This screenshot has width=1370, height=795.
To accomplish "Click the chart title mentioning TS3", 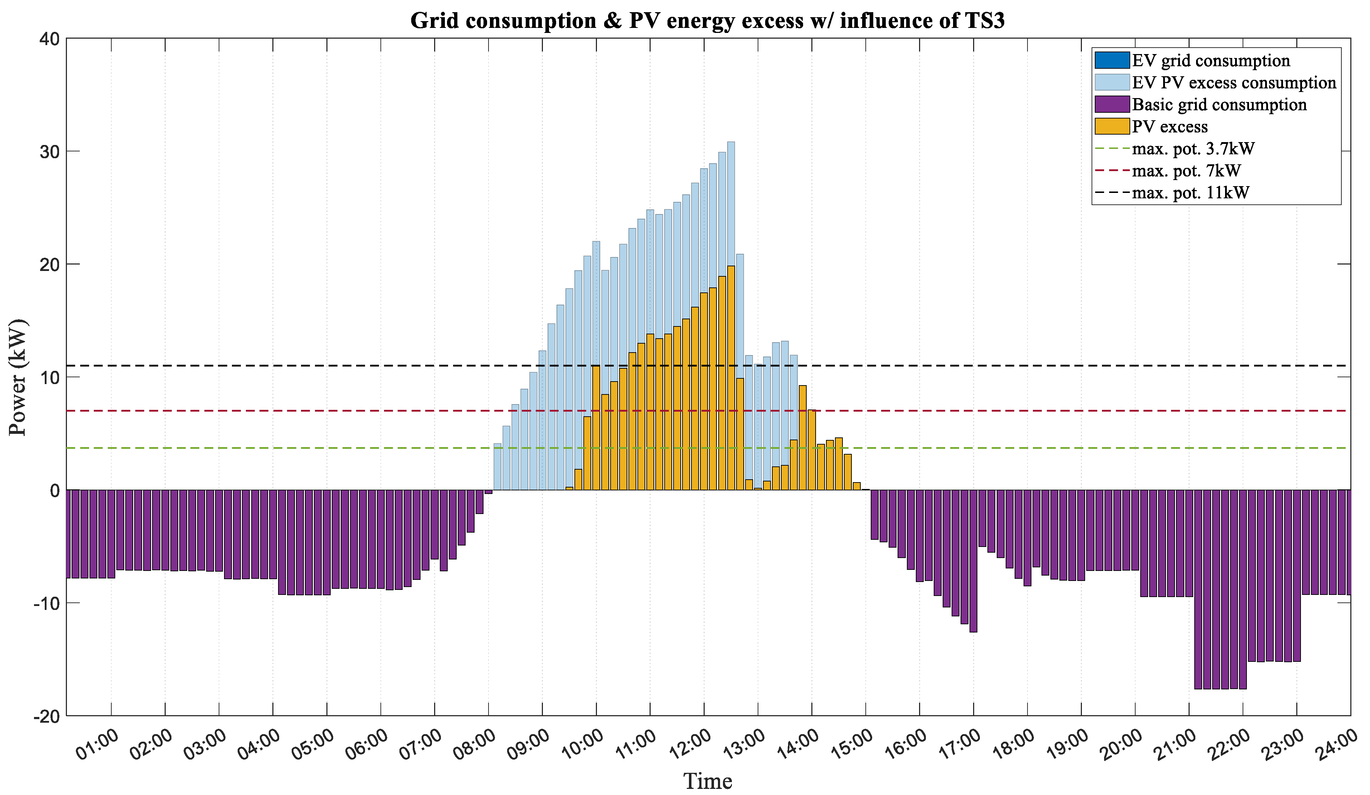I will [x=707, y=21].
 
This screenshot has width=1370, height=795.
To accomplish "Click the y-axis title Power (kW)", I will [x=18, y=377].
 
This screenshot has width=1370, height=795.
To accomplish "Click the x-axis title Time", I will [x=708, y=781].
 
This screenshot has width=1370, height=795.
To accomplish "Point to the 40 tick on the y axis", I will [x=49, y=39].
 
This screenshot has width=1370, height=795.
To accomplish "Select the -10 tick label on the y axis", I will [x=46, y=603].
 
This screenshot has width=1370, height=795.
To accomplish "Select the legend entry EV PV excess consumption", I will [x=1234, y=83].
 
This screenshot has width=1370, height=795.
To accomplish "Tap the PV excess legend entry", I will [x=1169, y=127].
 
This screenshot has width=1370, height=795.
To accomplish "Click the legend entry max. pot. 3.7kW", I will [x=1193, y=149].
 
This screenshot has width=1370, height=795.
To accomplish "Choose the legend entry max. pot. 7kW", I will [x=1186, y=171].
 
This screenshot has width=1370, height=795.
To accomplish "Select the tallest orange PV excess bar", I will [x=731, y=380].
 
